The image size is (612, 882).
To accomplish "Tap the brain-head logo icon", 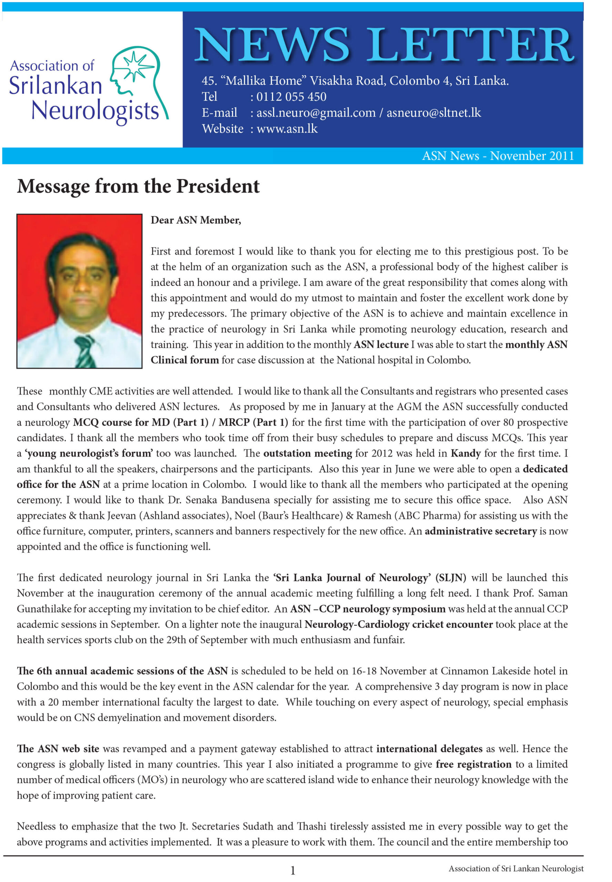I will click(139, 81).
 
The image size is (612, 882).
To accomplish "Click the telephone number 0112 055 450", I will click(291, 96).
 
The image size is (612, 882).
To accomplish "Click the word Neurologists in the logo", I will click(95, 111).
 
